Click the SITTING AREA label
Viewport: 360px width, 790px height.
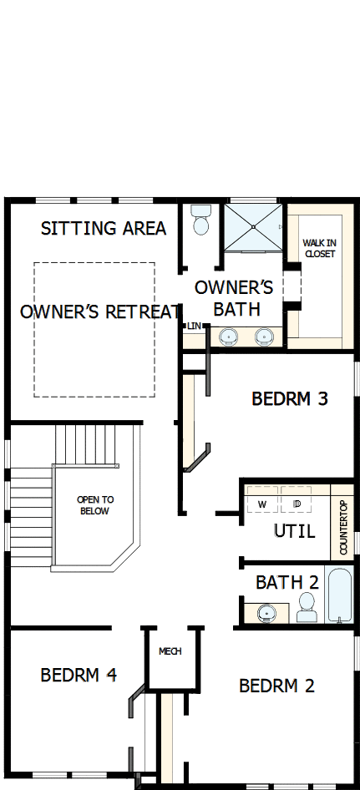pos(104,228)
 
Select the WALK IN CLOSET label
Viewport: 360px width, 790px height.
pos(319,248)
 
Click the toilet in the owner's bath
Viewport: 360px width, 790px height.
pos(200,220)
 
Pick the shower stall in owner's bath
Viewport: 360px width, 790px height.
pos(252,225)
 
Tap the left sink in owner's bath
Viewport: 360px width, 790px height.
pos(228,337)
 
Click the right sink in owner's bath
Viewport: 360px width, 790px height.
pos(264,337)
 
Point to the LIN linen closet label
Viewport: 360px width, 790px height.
pos(194,326)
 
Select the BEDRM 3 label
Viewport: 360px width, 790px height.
pos(290,399)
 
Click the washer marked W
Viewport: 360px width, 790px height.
pos(261,504)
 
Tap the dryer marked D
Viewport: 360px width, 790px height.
pos(297,504)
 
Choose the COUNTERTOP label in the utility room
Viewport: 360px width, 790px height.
pos(343,528)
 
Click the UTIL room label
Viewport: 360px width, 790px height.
pos(294,531)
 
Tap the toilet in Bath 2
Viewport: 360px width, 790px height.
pos(307,607)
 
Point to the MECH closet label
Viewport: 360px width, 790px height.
pos(170,651)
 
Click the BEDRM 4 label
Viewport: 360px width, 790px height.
pos(78,675)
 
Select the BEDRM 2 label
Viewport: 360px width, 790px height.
pos(276,686)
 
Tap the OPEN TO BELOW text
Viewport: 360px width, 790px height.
pos(94,505)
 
